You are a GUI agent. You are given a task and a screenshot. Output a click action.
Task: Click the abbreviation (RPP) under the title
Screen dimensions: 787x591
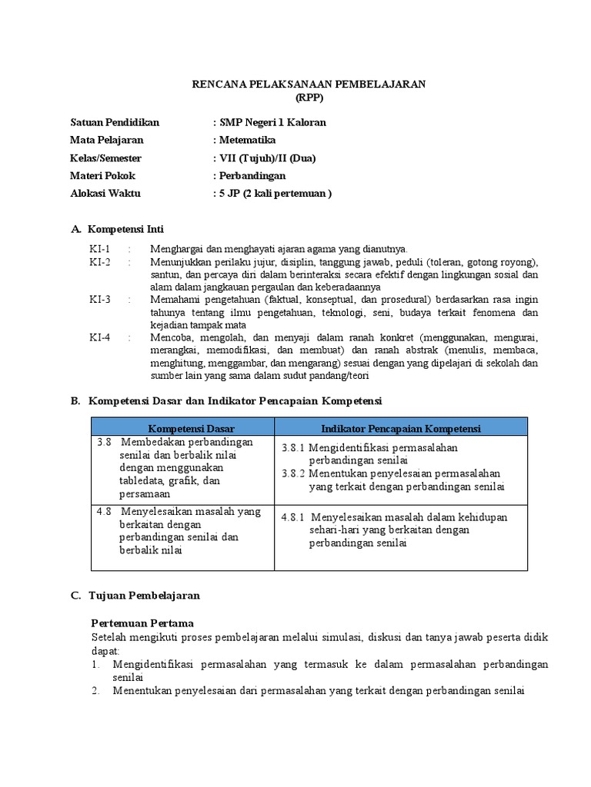point(309,98)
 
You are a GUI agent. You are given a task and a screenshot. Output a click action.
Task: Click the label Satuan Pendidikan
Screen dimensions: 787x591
point(114,122)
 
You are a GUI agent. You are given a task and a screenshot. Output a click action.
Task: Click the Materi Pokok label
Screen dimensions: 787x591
point(102,176)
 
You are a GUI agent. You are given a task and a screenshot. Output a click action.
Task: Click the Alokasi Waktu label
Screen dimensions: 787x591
point(105,194)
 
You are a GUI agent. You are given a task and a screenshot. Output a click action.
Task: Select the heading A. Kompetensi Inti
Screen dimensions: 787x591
point(117,229)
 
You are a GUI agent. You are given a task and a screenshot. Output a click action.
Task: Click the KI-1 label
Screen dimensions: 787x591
point(100,249)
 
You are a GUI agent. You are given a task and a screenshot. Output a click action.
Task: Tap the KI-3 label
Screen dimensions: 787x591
point(100,299)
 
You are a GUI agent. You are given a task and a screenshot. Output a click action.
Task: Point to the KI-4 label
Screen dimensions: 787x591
point(100,337)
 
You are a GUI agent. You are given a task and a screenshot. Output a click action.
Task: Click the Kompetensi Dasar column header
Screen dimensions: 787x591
point(191,428)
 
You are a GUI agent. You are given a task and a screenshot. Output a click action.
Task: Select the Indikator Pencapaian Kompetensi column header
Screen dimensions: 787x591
point(401,428)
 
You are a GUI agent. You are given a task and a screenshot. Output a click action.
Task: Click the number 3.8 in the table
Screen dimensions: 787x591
point(105,443)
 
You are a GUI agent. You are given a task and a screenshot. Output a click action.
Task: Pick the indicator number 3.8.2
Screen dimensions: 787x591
point(294,473)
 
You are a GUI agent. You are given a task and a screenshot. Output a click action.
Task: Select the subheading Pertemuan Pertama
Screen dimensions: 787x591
point(142,623)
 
